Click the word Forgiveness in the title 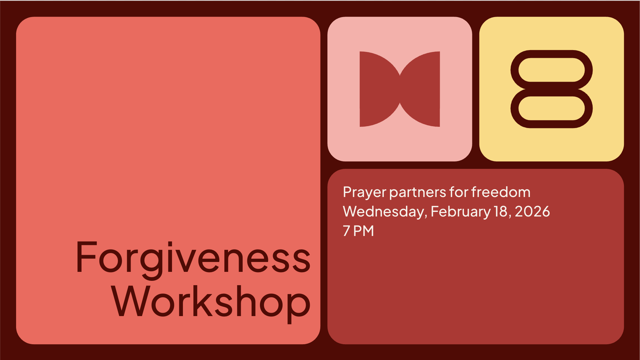pos(193,260)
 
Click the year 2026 pos(532,212)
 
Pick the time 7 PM pos(358,231)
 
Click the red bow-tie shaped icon pos(400,89)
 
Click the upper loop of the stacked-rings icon pos(551,54)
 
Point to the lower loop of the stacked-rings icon pos(551,124)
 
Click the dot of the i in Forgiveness pos(171,244)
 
